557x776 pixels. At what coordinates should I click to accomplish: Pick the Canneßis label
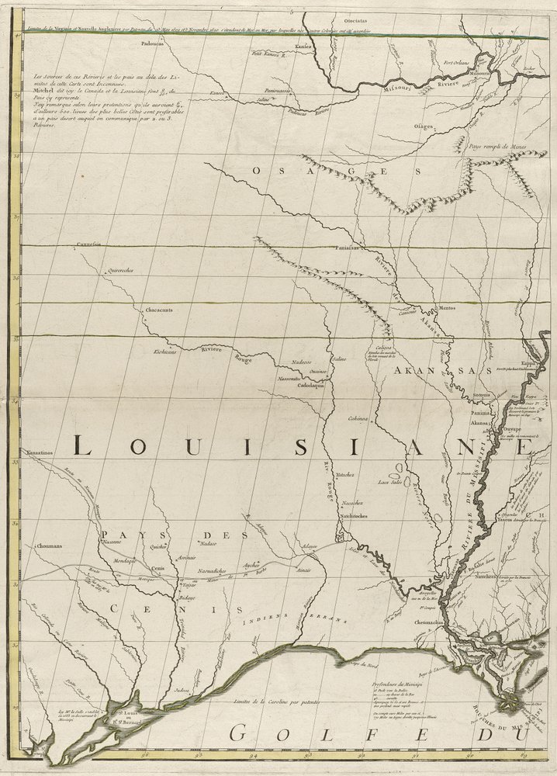point(90,244)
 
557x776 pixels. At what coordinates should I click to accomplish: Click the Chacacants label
point(158,310)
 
